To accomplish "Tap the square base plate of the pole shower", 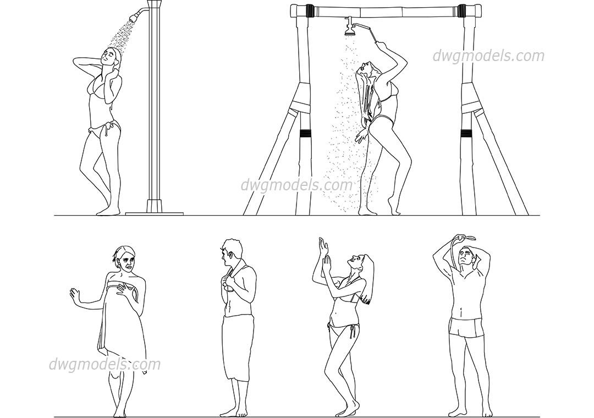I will click(x=154, y=212).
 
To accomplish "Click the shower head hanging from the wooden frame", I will click(x=349, y=30).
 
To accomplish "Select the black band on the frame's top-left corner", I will click(x=309, y=10).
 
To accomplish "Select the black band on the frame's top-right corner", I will click(x=462, y=10).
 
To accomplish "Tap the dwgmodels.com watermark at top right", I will click(x=488, y=56).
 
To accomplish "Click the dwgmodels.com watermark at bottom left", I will click(x=105, y=364).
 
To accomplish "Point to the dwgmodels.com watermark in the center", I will click(x=296, y=185).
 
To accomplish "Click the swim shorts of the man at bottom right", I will click(x=467, y=328).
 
